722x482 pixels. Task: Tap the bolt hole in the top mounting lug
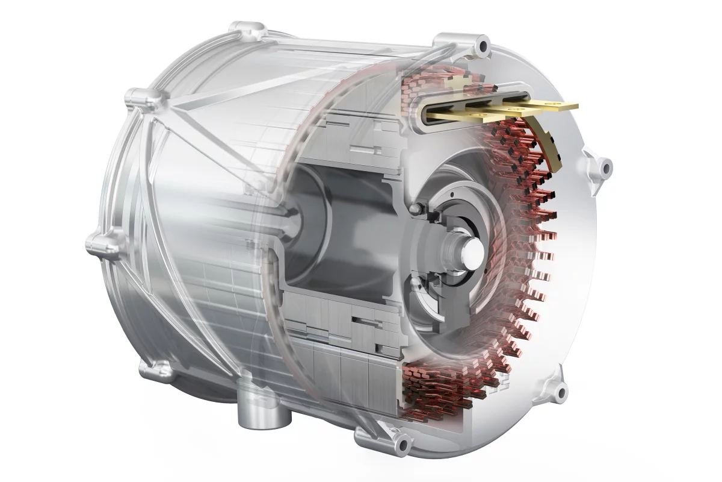tap(481, 46)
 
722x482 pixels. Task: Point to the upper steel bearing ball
tap(415, 208)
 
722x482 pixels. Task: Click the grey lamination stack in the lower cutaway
tap(343, 361)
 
